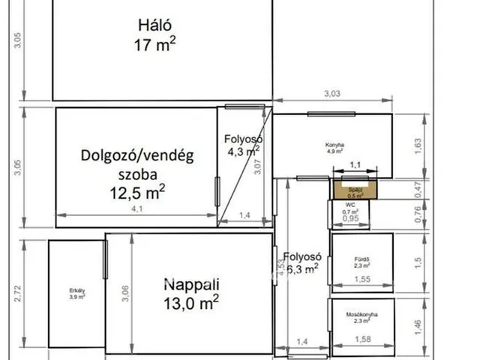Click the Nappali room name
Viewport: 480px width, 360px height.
[191, 284]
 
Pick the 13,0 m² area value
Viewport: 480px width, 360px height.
[191, 302]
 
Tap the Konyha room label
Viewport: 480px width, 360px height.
[334, 145]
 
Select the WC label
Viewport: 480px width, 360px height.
[350, 205]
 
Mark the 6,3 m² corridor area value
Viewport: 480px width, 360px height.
[301, 266]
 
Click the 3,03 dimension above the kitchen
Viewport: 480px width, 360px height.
[332, 93]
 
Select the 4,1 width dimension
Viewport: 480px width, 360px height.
[137, 209]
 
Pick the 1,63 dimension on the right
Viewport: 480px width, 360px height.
[418, 145]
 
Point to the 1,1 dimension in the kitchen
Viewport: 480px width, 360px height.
[355, 164]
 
